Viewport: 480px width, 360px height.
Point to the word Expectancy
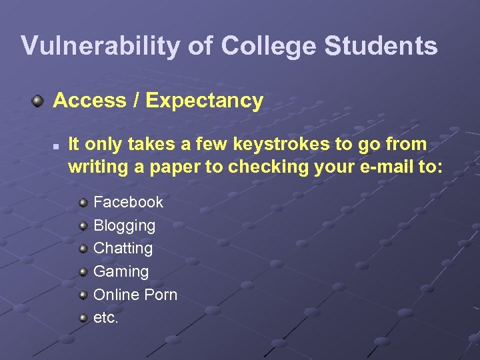point(204,101)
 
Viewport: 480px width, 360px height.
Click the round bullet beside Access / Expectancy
point(39,101)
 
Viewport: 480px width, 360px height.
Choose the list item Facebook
point(128,201)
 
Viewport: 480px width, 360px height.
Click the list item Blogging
point(124,225)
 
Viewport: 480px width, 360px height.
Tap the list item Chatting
point(123,248)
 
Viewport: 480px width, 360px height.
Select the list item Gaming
point(121,271)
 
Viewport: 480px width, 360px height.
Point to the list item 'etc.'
point(105,318)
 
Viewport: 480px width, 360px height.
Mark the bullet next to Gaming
point(83,271)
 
